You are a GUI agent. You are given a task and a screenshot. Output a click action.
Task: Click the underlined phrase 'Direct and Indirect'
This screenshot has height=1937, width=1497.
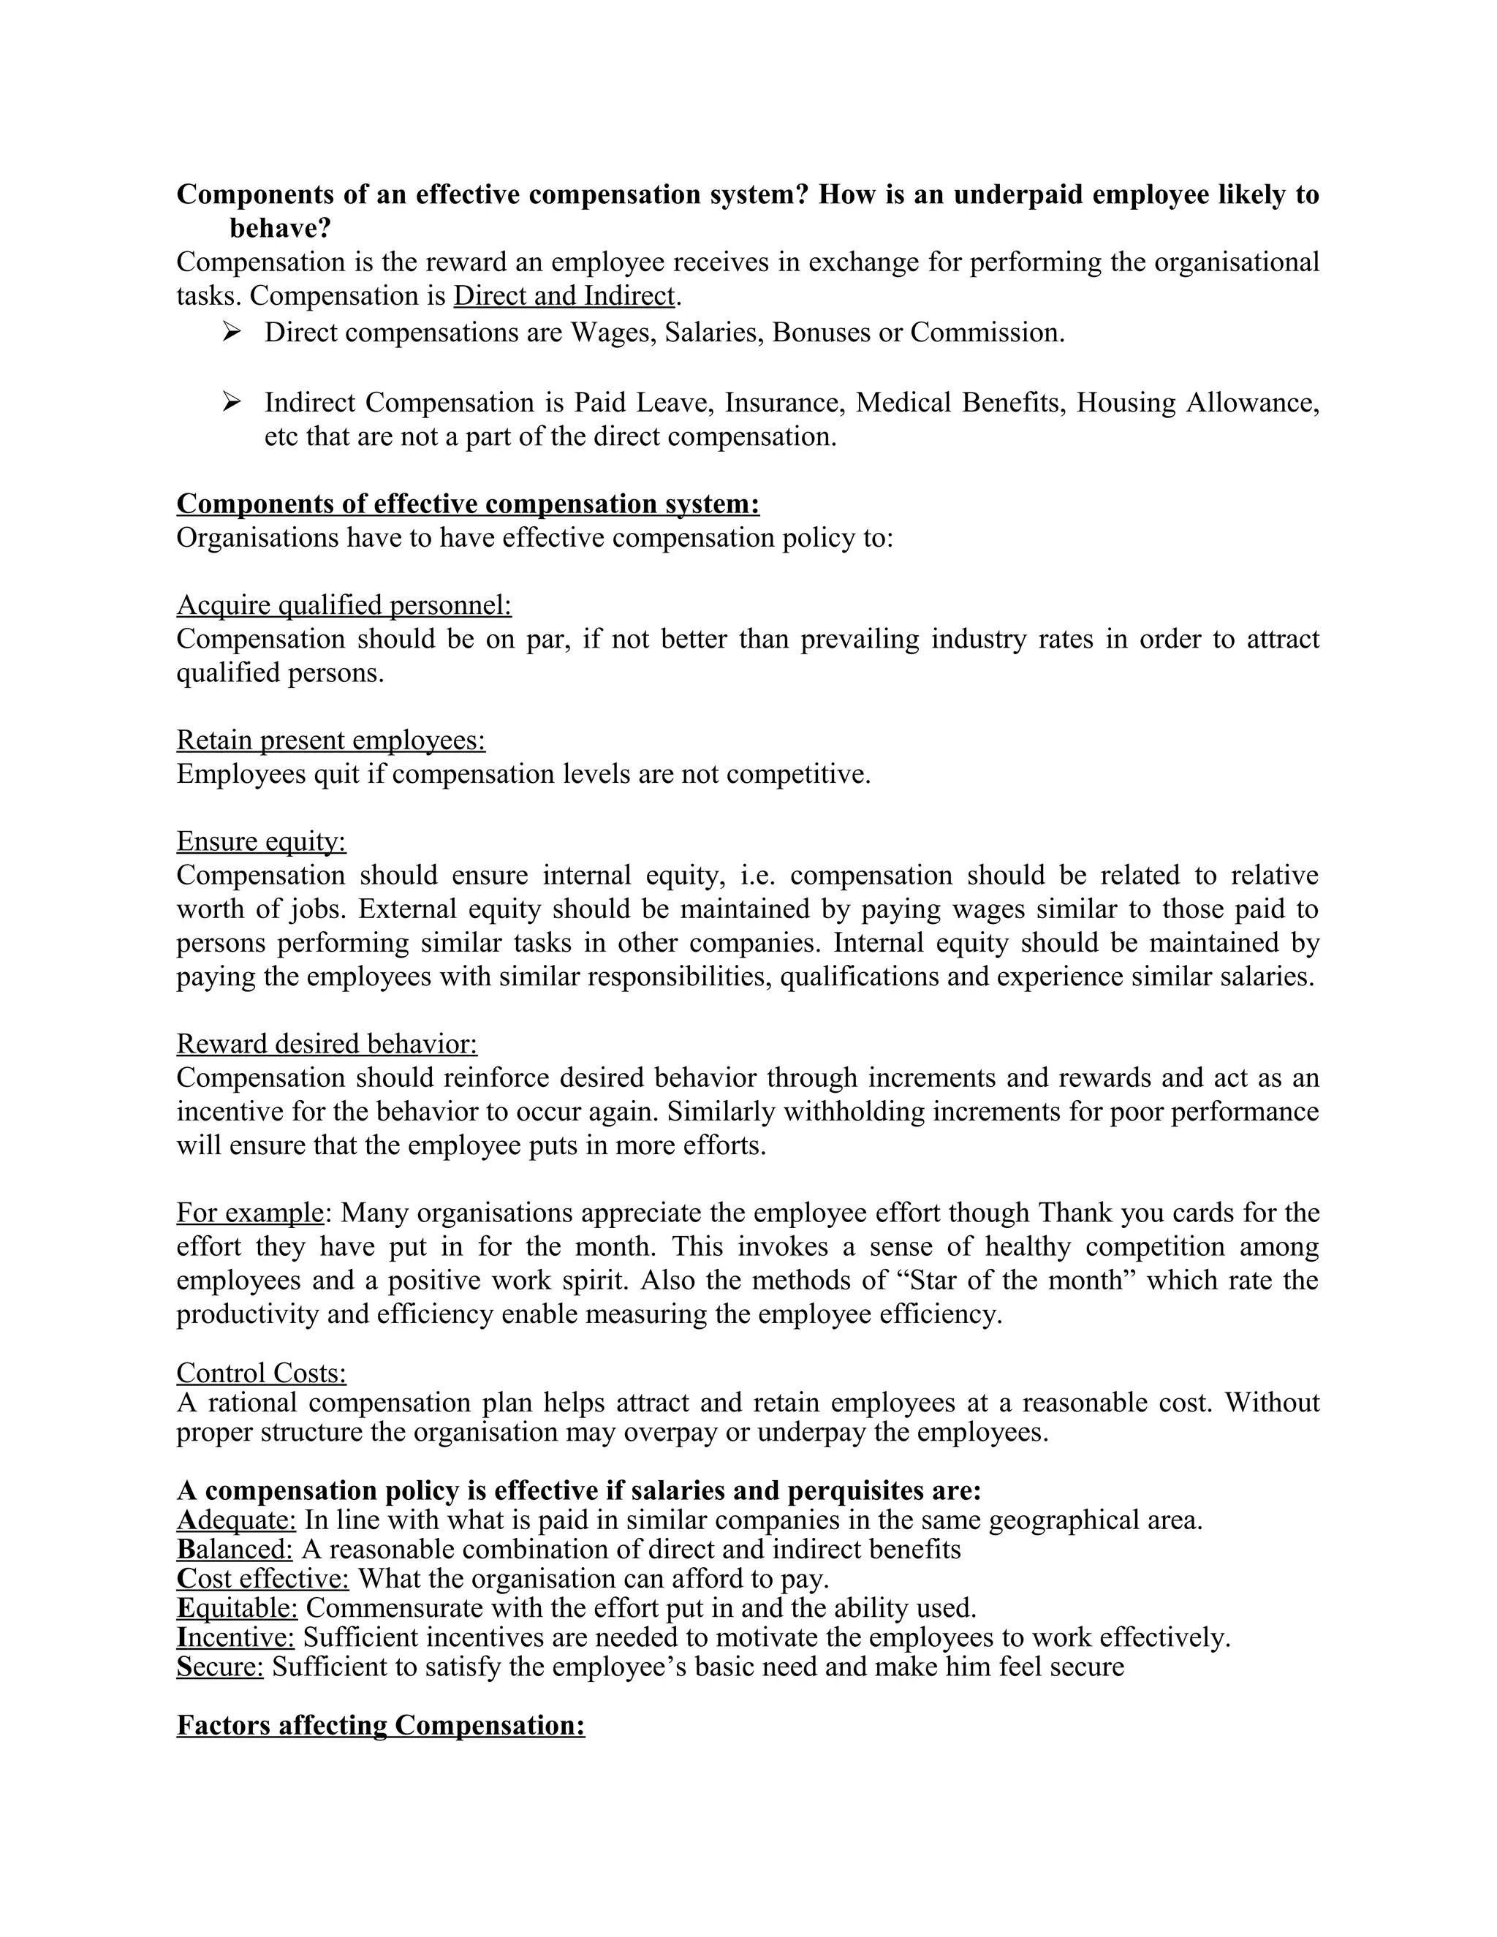click(x=564, y=295)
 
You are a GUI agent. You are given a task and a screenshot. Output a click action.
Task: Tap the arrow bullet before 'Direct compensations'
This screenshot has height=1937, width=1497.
click(x=232, y=332)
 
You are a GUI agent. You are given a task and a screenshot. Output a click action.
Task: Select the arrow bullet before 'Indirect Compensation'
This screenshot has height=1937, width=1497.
click(x=232, y=403)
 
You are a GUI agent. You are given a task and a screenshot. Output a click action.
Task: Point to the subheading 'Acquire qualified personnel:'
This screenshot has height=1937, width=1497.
click(x=344, y=605)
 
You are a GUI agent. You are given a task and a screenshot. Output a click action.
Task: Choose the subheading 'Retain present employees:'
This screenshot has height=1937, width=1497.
click(x=331, y=740)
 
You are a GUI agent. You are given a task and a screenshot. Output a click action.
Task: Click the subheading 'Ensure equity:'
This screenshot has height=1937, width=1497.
click(x=261, y=841)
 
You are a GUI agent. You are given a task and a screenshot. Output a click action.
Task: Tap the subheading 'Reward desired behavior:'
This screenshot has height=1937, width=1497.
click(x=326, y=1044)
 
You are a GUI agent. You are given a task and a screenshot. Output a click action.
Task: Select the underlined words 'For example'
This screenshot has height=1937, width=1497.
click(x=250, y=1213)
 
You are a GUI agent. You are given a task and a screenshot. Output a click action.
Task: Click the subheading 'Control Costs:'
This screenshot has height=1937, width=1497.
click(x=261, y=1373)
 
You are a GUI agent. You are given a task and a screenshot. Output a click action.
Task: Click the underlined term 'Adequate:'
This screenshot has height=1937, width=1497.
click(x=236, y=1520)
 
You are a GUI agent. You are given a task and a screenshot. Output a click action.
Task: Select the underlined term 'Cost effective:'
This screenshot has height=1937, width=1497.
click(x=262, y=1579)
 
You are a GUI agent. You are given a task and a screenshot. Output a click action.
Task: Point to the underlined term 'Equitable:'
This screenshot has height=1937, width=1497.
click(x=237, y=1608)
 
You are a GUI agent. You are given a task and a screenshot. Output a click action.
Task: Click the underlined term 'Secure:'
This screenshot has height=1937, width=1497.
click(x=220, y=1667)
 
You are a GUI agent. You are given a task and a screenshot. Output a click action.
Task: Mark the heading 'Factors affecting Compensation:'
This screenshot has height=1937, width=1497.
click(x=380, y=1725)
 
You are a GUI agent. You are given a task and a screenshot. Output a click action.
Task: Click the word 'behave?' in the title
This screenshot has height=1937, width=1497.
click(x=280, y=228)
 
